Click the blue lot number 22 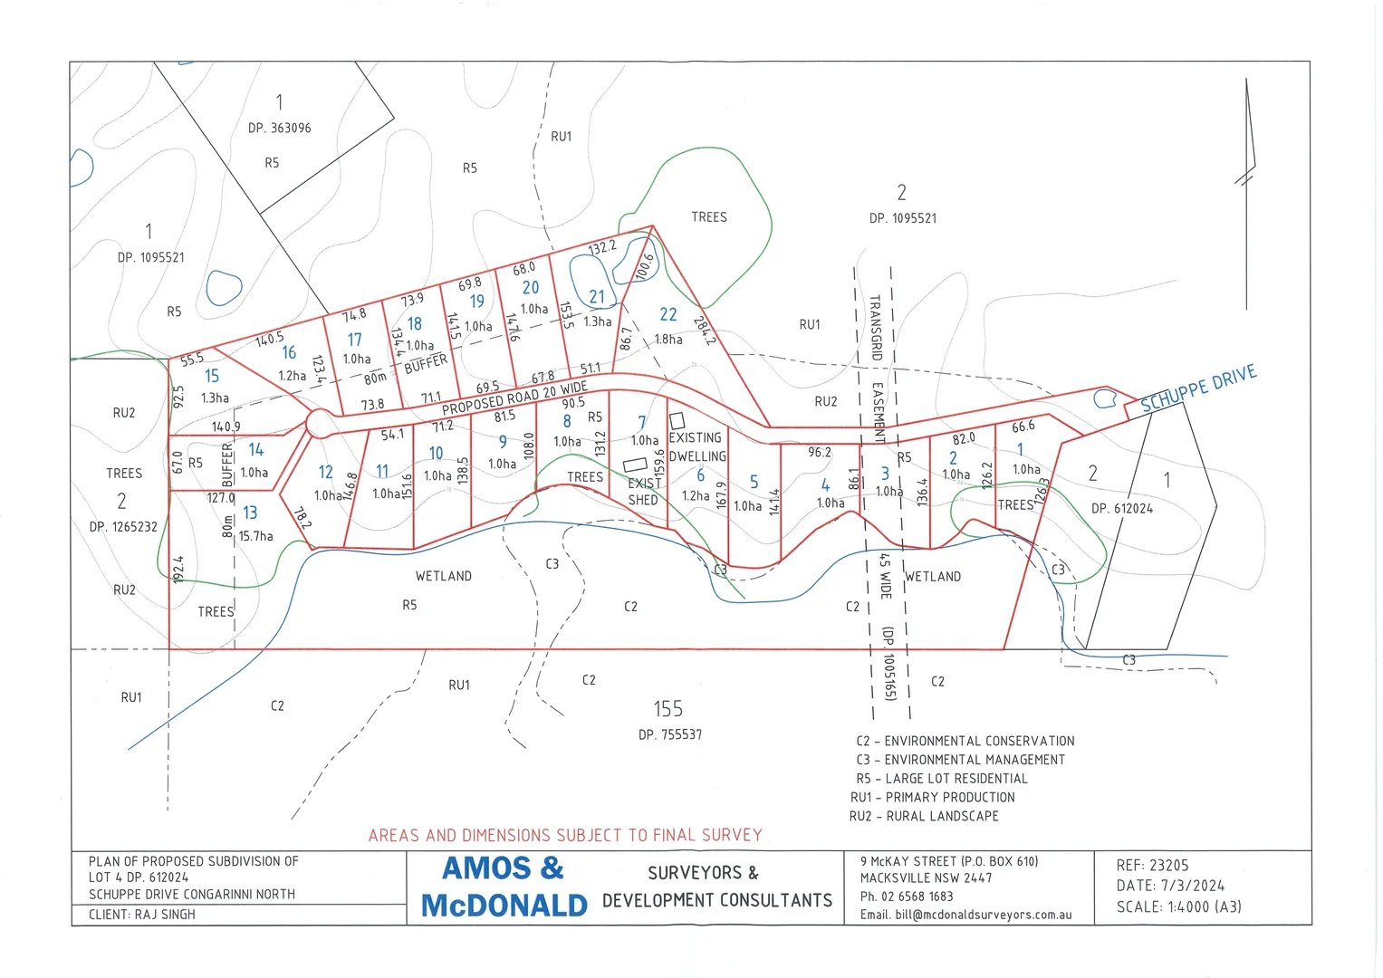(x=668, y=314)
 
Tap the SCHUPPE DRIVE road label (x=1197, y=388)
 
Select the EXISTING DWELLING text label (x=696, y=446)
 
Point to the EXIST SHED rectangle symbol (x=635, y=465)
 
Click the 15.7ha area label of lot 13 (x=255, y=536)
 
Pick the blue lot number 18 (x=414, y=324)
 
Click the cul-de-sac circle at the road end (x=319, y=423)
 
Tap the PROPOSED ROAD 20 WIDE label (x=514, y=398)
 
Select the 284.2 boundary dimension (x=704, y=331)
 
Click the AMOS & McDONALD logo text (x=504, y=887)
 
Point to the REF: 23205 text (x=1152, y=866)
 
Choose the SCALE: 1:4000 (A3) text (x=1178, y=906)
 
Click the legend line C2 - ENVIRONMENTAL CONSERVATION (x=965, y=741)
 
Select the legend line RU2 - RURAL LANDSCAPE (x=924, y=816)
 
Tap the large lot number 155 (x=668, y=709)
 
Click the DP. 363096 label (x=279, y=129)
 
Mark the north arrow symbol (x=1248, y=172)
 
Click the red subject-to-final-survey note (x=565, y=835)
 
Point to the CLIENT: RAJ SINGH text (x=142, y=915)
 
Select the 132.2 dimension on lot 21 (x=602, y=246)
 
